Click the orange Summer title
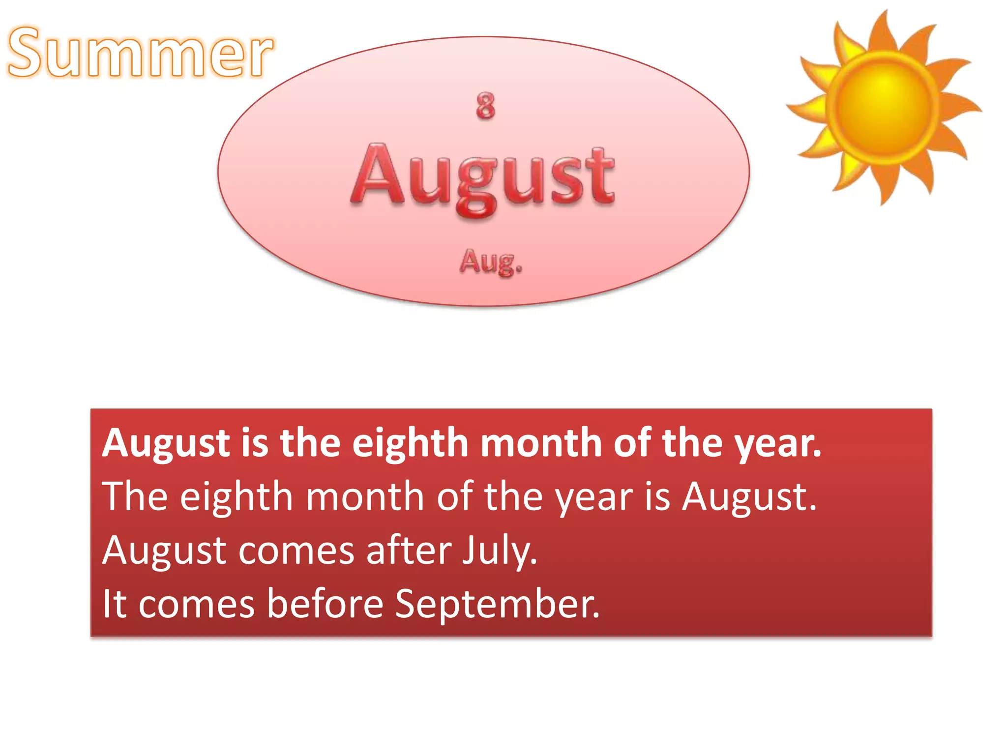(x=141, y=53)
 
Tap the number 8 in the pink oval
(x=485, y=106)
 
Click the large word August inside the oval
(x=483, y=177)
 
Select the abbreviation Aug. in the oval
(x=491, y=261)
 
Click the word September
(x=497, y=604)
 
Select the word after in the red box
(x=409, y=551)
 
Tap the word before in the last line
(x=325, y=604)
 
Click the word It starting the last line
(x=115, y=604)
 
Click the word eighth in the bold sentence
(x=411, y=443)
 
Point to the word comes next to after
(x=296, y=551)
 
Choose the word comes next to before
(x=196, y=604)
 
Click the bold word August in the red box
(x=166, y=443)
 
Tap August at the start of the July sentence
(x=164, y=551)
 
